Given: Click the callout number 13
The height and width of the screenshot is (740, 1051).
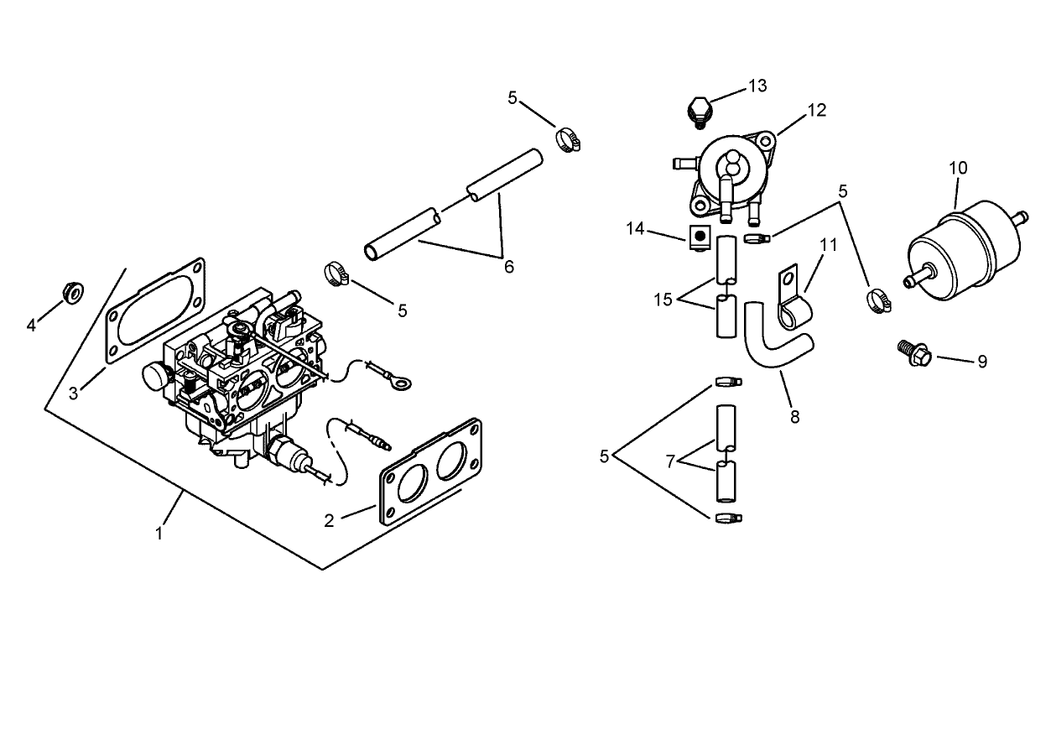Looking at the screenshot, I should [x=757, y=86].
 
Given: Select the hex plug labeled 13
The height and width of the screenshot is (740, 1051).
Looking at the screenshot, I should [x=698, y=111].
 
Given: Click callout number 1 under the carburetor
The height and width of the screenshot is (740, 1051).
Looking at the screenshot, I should [x=159, y=532].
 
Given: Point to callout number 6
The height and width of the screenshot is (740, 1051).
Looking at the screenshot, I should [x=508, y=267].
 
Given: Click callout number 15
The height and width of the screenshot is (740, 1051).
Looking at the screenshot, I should [x=663, y=300].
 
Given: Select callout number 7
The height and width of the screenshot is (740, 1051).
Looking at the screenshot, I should [x=669, y=461].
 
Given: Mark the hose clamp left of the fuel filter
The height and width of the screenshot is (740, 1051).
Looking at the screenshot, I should [x=878, y=299].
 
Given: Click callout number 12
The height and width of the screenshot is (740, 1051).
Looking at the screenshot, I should [x=816, y=110].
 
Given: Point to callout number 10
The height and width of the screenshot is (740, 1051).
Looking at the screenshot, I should [x=958, y=168].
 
